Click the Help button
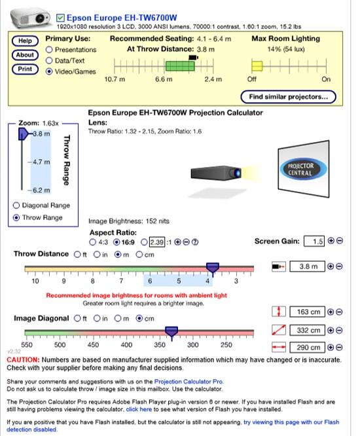[x=25, y=41]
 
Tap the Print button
[x=25, y=69]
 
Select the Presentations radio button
[x=49, y=50]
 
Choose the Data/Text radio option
[x=49, y=61]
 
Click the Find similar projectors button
[x=288, y=97]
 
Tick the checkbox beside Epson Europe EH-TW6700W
[x=60, y=18]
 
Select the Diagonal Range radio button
[x=16, y=206]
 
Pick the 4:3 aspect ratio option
[x=92, y=242]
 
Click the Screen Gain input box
[x=314, y=241]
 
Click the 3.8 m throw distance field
[x=307, y=266]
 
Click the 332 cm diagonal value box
[x=307, y=331]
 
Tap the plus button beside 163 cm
[x=331, y=312]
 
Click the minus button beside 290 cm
[x=339, y=348]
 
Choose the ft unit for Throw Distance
[x=77, y=255]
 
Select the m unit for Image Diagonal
[x=118, y=318]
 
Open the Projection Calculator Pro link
[x=189, y=382]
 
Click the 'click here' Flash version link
[x=139, y=409]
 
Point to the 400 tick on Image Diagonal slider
[x=126, y=337]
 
